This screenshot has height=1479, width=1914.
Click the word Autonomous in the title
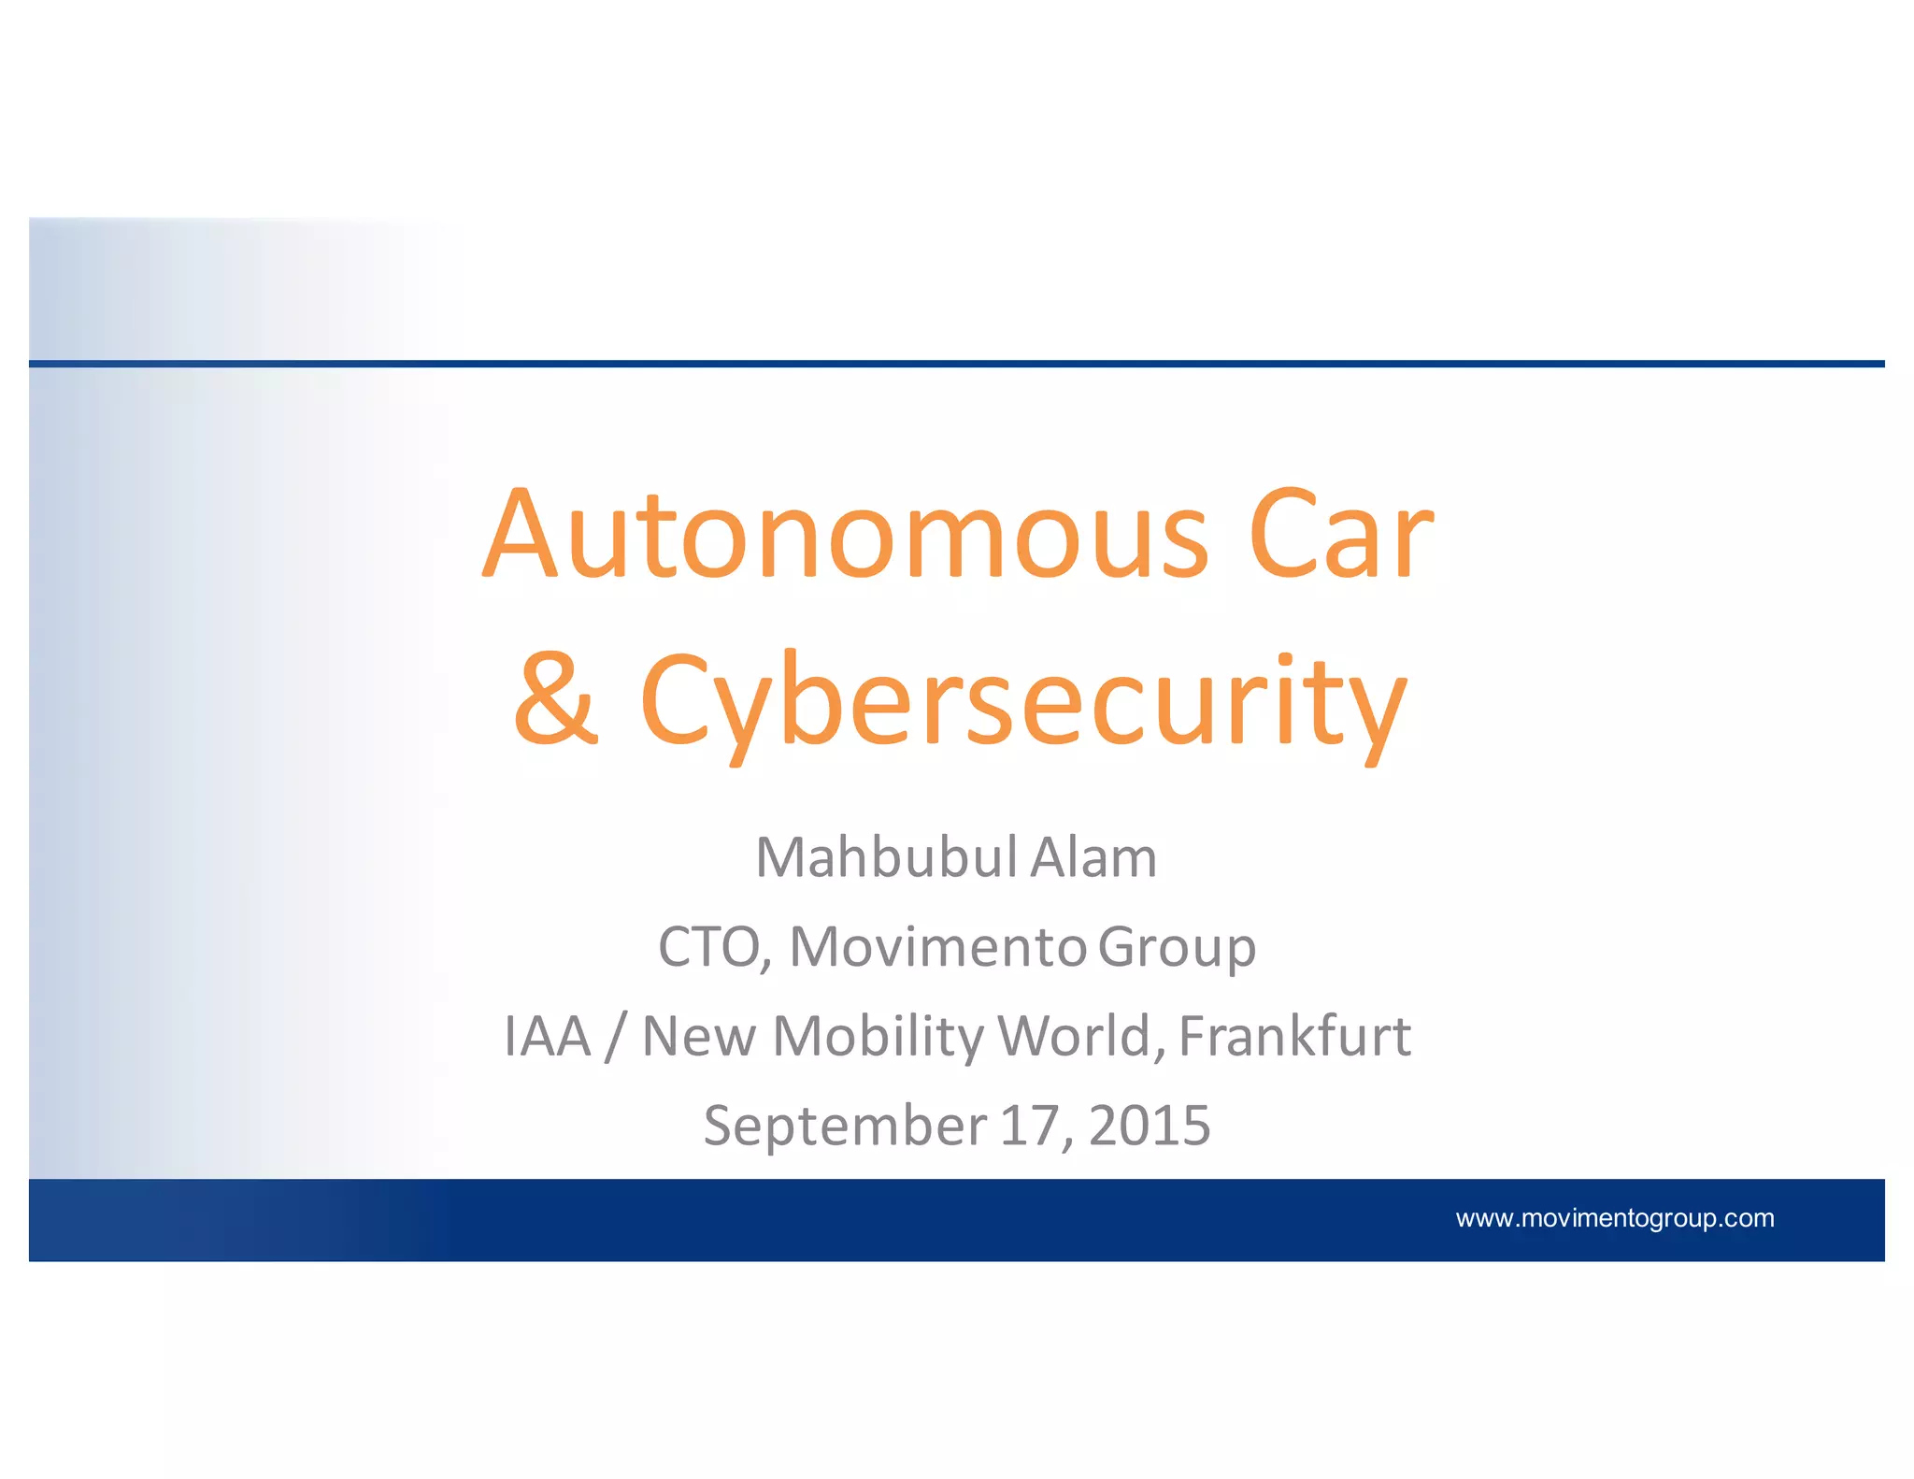click(x=846, y=535)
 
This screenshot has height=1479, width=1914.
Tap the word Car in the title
click(x=1340, y=535)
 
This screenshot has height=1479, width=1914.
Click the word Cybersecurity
click(x=1022, y=703)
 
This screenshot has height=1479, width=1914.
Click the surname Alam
click(x=1093, y=857)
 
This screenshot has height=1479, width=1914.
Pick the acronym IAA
click(x=548, y=1037)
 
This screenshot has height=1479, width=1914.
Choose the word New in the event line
click(x=699, y=1037)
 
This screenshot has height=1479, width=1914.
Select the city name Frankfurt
click(x=1294, y=1037)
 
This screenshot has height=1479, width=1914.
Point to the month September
click(x=845, y=1127)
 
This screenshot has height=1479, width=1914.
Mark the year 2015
click(x=1150, y=1126)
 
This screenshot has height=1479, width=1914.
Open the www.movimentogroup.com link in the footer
click(x=1614, y=1218)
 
